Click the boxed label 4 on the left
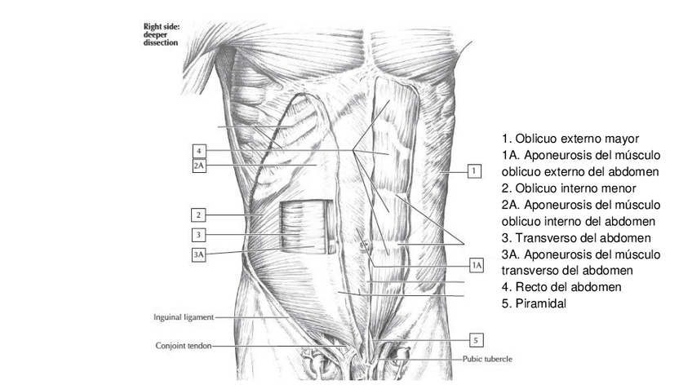(198, 151)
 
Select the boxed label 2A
(198, 166)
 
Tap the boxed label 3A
(198, 254)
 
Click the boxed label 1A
(477, 265)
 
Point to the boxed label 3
(198, 235)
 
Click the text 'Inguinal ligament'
(183, 317)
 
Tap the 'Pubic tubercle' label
(486, 359)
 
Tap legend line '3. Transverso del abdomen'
(575, 237)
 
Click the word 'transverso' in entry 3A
(530, 271)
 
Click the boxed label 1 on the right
(473, 171)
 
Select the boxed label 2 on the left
(198, 215)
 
